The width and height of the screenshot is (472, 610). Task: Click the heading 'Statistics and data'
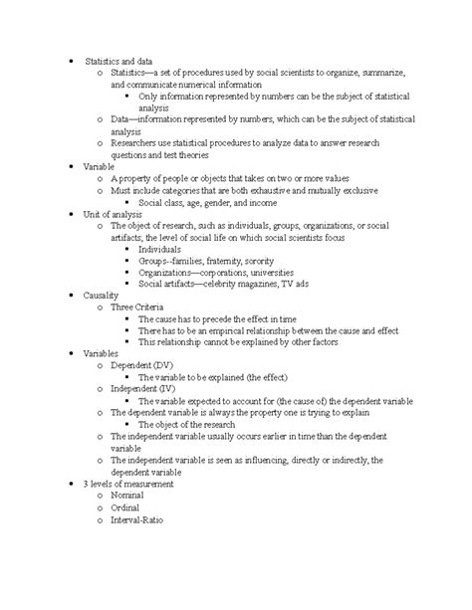point(118,62)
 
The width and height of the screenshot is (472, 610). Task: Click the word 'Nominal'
point(127,495)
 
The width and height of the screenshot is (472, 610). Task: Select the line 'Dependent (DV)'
point(144,366)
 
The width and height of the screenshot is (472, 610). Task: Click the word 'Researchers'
point(138,143)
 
